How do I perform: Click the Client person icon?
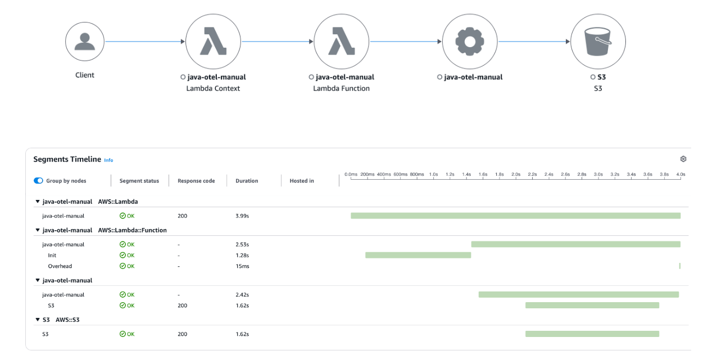click(x=85, y=42)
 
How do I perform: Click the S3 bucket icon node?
click(x=598, y=42)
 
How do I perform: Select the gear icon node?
click(x=470, y=42)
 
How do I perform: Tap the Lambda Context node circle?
click(x=213, y=42)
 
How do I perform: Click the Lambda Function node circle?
click(x=341, y=42)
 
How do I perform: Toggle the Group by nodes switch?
click(x=38, y=181)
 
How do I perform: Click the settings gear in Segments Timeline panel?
click(x=683, y=160)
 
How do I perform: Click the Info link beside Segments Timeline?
click(x=108, y=160)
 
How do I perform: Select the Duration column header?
click(x=247, y=181)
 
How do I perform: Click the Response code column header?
click(x=196, y=181)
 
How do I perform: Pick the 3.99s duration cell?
click(x=243, y=216)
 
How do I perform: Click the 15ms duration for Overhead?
click(x=242, y=266)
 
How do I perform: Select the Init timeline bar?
click(x=417, y=255)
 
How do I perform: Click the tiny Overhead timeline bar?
click(x=679, y=266)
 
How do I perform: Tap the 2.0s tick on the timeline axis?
click(x=516, y=175)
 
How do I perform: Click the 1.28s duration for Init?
click(x=243, y=255)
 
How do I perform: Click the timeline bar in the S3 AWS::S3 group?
click(x=592, y=334)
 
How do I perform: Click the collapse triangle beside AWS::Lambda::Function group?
click(x=38, y=230)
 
